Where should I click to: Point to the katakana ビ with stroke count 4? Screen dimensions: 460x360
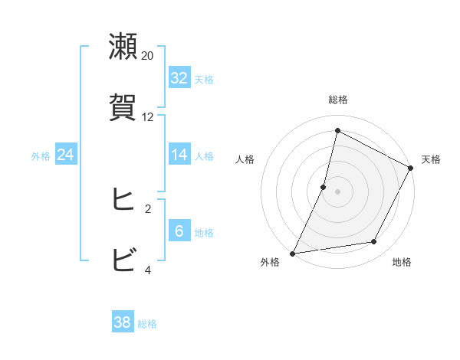click(x=123, y=260)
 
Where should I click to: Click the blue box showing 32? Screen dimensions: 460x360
click(x=179, y=78)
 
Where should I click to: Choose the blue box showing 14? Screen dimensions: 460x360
click(x=179, y=155)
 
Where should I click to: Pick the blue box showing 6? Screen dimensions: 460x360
click(x=179, y=231)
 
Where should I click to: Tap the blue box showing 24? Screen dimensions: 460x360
click(x=66, y=155)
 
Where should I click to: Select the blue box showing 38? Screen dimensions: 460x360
click(x=123, y=322)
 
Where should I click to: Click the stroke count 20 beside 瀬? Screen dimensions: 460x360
click(x=148, y=56)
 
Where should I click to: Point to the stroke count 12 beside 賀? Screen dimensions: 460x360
click(x=148, y=117)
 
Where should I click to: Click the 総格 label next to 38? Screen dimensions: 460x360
click(x=147, y=324)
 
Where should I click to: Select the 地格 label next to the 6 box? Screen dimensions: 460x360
click(x=204, y=233)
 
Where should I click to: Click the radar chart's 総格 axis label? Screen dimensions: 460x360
click(x=337, y=100)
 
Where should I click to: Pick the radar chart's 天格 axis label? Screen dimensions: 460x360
click(x=431, y=159)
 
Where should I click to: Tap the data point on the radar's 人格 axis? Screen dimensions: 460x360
click(x=324, y=187)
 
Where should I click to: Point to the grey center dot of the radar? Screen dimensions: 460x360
click(x=337, y=191)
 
